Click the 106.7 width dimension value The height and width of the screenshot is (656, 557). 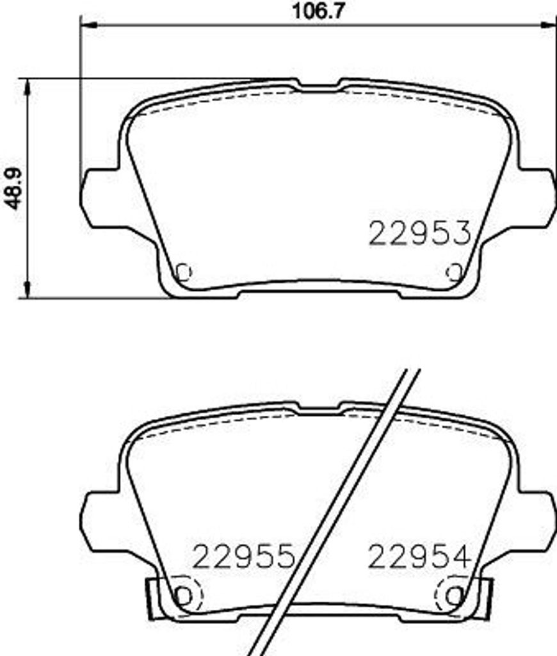[318, 11]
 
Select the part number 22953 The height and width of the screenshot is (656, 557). [419, 234]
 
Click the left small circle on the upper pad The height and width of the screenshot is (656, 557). [184, 272]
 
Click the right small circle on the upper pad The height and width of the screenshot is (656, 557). [455, 272]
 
